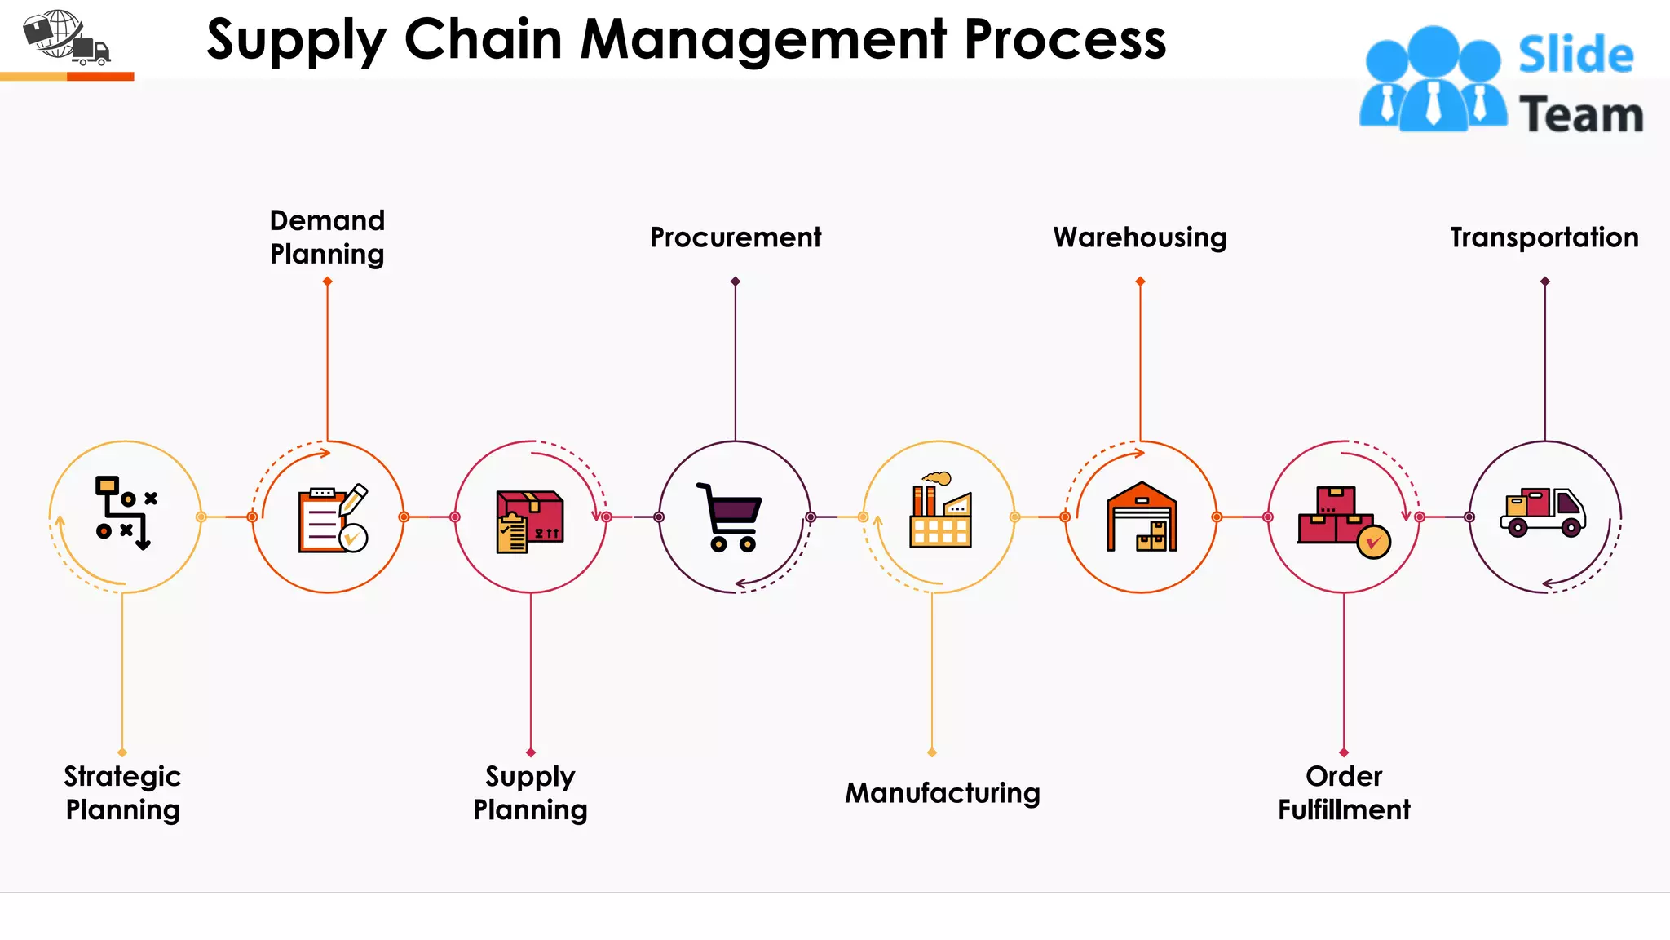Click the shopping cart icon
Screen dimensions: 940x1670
[730, 517]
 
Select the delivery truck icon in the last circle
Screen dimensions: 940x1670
[1543, 512]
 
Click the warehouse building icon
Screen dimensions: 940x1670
[1142, 517]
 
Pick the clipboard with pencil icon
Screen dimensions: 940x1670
[332, 519]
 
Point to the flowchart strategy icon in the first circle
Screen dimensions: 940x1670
[125, 512]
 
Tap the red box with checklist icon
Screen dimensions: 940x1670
[529, 521]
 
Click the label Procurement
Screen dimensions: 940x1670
[735, 237]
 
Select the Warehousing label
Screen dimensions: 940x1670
[1139, 237]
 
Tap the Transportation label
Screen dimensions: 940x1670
[1544, 237]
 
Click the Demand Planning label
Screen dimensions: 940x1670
[327, 237]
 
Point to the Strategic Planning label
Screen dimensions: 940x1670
[122, 792]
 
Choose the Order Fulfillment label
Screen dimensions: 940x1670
[1344, 792]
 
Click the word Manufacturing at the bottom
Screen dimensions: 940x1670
[942, 793]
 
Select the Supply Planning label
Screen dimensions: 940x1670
[530, 792]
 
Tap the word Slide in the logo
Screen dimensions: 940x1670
[1575, 55]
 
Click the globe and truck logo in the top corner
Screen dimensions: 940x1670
[65, 38]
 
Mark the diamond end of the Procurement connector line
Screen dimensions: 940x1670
[736, 282]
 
